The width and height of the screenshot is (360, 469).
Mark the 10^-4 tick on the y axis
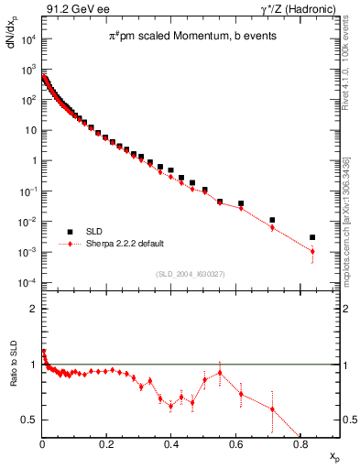[28, 282]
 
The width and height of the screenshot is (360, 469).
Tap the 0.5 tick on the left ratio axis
[30, 420]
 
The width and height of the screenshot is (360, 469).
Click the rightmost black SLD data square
[312, 237]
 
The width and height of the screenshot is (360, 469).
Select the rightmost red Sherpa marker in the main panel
[312, 251]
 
